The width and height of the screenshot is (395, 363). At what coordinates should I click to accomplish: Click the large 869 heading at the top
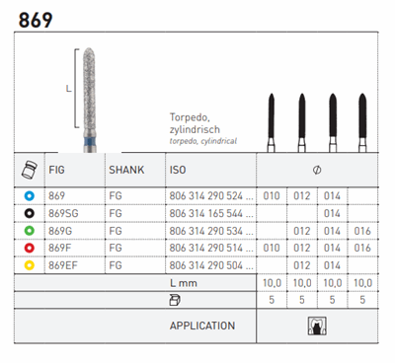click(36, 20)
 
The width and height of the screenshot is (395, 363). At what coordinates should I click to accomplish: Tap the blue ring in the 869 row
click(30, 196)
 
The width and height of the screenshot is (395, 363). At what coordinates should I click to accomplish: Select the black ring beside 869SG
click(30, 213)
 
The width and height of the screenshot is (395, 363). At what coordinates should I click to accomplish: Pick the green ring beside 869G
click(30, 231)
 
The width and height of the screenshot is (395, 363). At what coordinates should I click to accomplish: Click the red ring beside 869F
click(30, 248)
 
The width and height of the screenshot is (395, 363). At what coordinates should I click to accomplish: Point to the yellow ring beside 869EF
click(30, 265)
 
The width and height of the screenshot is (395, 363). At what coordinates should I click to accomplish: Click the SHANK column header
click(126, 170)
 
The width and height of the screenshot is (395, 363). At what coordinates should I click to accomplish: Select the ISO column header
click(178, 170)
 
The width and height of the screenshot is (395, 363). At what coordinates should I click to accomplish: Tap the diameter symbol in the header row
click(317, 170)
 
